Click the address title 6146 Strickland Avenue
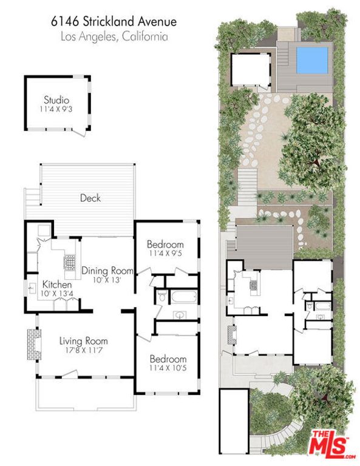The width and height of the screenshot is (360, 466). click(114, 22)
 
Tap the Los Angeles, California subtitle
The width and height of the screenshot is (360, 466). click(114, 36)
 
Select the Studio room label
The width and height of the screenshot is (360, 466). click(56, 100)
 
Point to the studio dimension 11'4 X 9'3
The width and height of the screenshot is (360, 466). click(56, 110)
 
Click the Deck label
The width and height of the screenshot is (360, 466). click(90, 198)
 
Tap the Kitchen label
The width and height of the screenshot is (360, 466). click(57, 285)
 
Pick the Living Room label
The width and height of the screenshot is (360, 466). click(83, 340)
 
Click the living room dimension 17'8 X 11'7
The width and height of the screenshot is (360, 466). click(83, 350)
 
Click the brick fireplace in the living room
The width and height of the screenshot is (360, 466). click(32, 343)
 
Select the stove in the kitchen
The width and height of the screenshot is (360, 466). click(69, 263)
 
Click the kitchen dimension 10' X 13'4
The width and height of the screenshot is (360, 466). click(58, 294)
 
